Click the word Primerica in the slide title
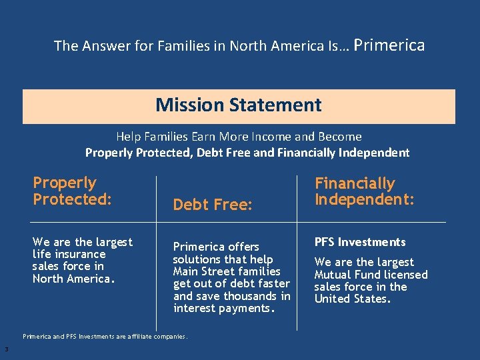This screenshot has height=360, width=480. click(x=389, y=45)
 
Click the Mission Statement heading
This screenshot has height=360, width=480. click(x=239, y=105)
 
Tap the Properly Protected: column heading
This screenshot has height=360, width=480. click(x=72, y=191)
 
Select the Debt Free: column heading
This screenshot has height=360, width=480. click(x=212, y=205)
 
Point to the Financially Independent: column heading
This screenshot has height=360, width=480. click(x=364, y=191)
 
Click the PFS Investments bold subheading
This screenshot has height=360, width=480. click(x=360, y=242)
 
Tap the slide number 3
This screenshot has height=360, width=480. click(x=6, y=349)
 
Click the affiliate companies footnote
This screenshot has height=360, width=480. click(x=105, y=336)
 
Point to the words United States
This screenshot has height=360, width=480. click(x=352, y=299)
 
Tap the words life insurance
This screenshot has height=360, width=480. click(x=69, y=254)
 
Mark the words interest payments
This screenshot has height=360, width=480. click(x=224, y=308)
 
